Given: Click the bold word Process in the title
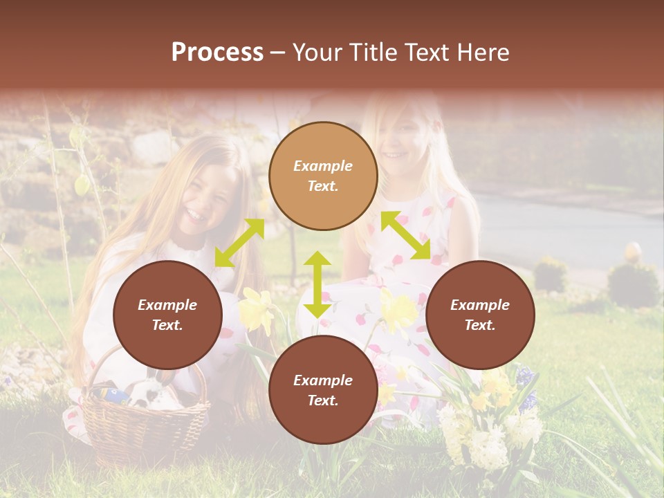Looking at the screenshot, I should coord(217,53).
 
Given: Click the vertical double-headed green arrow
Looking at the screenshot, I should coord(317,284).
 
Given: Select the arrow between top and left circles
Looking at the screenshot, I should coord(239,243).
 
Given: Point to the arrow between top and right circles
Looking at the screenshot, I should coord(405,236).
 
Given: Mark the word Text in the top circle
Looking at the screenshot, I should coord(323,186).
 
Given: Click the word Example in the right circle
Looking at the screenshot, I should coord(480,305).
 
